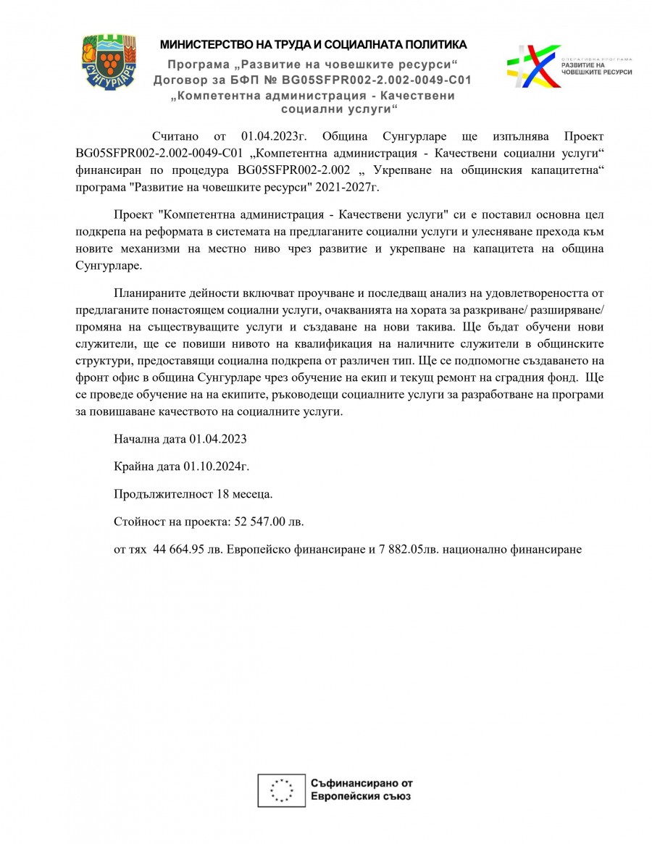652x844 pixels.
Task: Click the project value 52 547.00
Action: click(268, 522)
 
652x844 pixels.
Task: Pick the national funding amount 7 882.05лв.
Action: click(407, 549)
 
